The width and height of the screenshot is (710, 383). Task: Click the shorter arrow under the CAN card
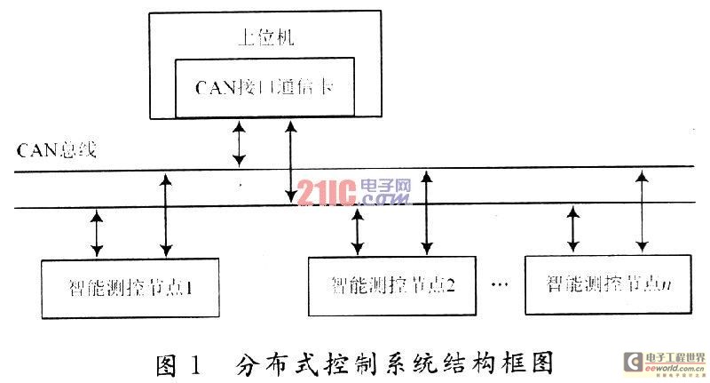click(238, 144)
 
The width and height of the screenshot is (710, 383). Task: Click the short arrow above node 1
click(97, 234)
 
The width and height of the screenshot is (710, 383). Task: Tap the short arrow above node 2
click(358, 231)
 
